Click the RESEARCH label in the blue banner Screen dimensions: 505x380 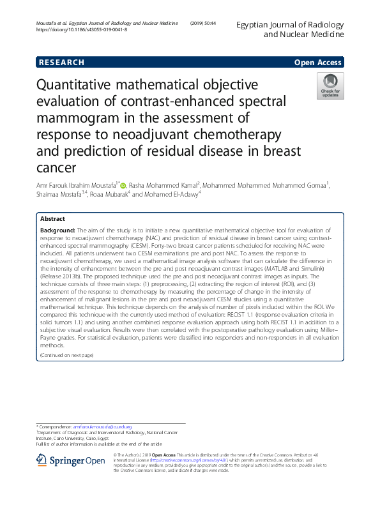coord(61,63)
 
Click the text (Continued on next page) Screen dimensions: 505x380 coord(66,354)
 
